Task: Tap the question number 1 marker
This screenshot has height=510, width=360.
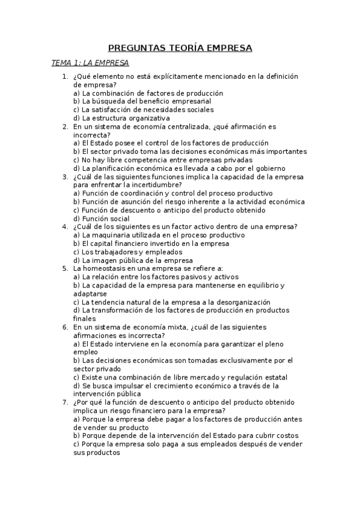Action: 65,77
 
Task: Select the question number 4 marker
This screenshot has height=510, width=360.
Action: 65,227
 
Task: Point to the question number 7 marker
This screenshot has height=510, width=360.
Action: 65,402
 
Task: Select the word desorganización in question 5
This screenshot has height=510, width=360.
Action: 243,302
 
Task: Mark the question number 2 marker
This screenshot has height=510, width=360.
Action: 65,127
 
